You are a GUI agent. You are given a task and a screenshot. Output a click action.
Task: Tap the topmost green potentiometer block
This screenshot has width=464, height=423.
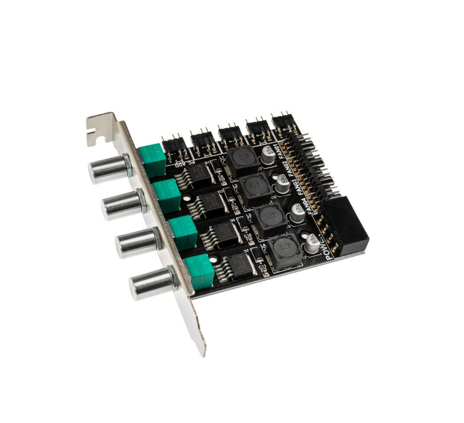(152, 157)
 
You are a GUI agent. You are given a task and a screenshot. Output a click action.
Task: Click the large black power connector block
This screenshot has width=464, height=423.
(345, 224)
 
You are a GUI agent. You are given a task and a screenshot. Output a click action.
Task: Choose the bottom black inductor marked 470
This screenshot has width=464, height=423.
(284, 252)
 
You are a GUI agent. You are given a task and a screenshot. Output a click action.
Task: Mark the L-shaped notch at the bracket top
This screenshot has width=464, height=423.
(99, 135)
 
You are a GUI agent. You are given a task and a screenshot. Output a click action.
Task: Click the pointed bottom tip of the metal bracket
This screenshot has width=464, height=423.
(203, 351)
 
